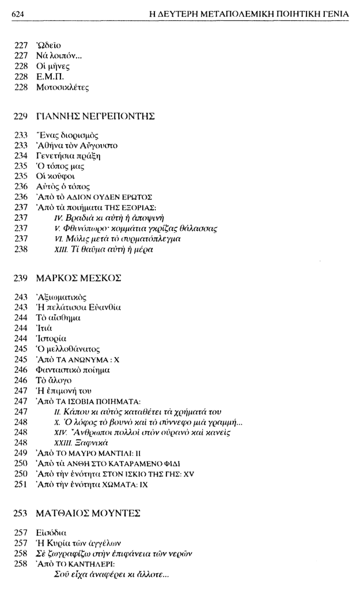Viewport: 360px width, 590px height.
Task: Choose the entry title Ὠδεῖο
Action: [48, 44]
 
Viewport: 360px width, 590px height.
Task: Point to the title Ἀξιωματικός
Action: [61, 297]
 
